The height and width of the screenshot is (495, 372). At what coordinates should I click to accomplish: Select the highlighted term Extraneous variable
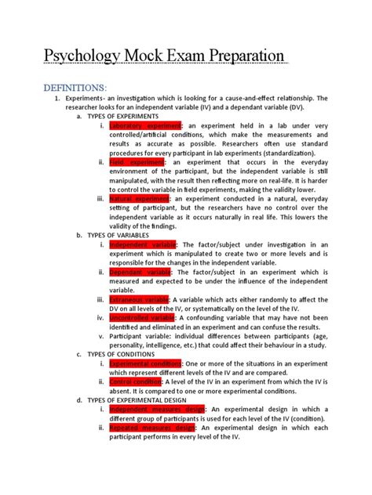[x=140, y=300]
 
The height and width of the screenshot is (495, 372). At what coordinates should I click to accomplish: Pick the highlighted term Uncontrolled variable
[x=142, y=318]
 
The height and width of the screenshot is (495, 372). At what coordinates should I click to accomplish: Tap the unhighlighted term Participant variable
[x=140, y=336]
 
